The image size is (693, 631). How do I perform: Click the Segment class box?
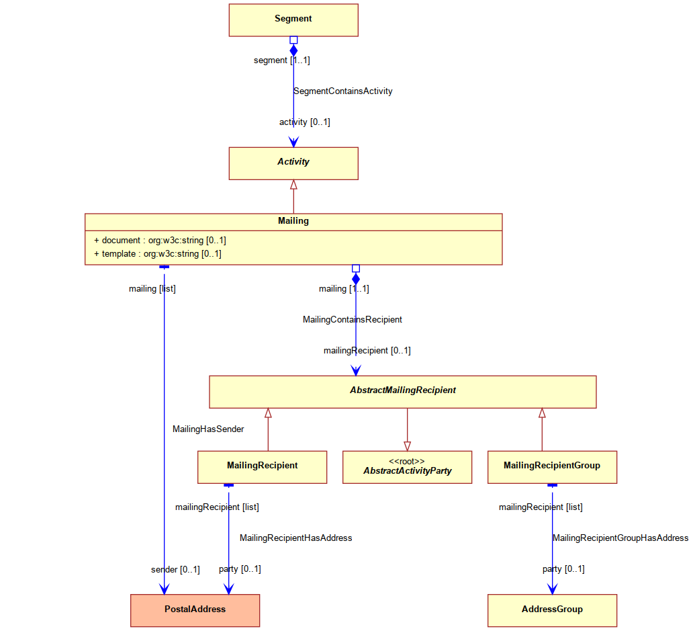coord(293,20)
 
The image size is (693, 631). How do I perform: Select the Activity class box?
coord(293,163)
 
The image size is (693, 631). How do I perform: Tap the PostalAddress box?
coord(195,611)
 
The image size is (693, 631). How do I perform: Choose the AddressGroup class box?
coord(552,611)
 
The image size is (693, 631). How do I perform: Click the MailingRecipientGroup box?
coord(552,468)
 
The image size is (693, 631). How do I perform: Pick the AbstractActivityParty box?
coord(407,468)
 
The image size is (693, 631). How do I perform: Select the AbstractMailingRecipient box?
coord(403,392)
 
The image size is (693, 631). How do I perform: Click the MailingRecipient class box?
coord(262,468)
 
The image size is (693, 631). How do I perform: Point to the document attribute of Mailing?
coord(160,240)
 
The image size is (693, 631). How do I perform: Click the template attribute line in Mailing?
coord(158,254)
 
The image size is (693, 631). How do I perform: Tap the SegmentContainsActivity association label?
coord(343,91)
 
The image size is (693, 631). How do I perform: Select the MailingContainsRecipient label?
coord(353,319)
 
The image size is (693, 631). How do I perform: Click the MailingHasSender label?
coord(208,429)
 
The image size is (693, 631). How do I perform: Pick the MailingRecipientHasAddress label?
coord(295,538)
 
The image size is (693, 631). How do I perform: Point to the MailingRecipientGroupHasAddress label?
coord(620,538)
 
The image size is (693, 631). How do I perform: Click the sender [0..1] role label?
coord(175,570)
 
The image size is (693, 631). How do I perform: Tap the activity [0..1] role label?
coord(304,122)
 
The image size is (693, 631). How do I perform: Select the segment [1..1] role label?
coord(282,60)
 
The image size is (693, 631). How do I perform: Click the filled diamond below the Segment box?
coord(293,50)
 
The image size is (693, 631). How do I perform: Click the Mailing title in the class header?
coord(293,220)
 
